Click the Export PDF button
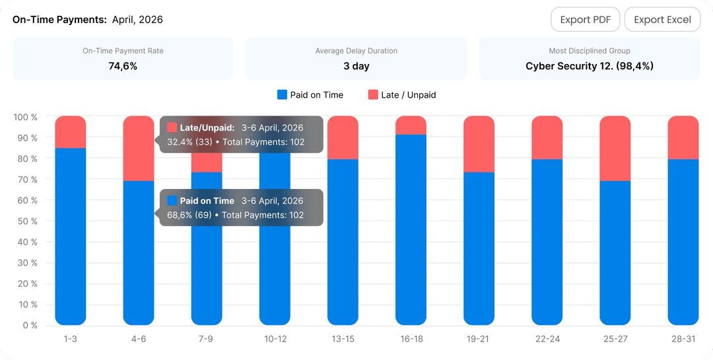pos(585,20)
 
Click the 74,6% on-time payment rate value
pos(123,66)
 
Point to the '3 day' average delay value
pos(356,66)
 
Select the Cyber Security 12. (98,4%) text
pos(590,66)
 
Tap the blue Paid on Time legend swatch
pos(282,94)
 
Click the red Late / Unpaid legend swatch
pos(373,94)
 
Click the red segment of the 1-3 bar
pos(71,132)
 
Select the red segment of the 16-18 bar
pos(411,125)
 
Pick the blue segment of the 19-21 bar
pos(479,248)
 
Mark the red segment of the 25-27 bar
pos(615,149)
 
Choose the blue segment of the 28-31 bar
pos(683,242)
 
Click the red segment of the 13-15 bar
pos(343,137)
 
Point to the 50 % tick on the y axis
pos(28,221)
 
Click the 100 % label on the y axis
pos(26,117)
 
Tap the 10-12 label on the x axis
pos(275,339)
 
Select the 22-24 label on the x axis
pos(547,339)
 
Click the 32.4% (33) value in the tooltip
pos(189,142)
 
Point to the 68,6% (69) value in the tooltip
pos(189,215)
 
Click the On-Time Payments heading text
pos(59,20)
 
